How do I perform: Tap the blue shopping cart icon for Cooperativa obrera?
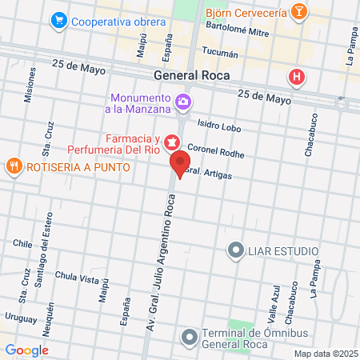coord(58,20)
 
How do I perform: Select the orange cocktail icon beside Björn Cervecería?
coord(298,12)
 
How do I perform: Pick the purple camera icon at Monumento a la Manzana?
coord(185,102)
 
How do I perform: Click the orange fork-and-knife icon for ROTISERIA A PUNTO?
coord(14,166)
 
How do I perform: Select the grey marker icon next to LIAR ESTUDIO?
coord(236,250)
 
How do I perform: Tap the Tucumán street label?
coord(222,54)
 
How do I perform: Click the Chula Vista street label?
coord(76,278)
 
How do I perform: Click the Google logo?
coord(27,350)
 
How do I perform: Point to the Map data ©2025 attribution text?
coord(324,353)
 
